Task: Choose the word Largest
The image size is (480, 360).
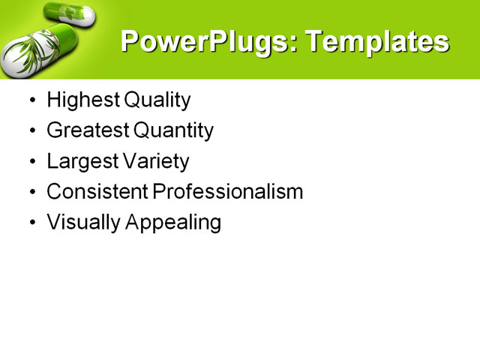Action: pyautogui.click(x=81, y=161)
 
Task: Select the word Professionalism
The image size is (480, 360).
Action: pyautogui.click(x=228, y=191)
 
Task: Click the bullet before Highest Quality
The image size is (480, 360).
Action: pyautogui.click(x=31, y=100)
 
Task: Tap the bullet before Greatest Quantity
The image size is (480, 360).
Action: pyautogui.click(x=31, y=131)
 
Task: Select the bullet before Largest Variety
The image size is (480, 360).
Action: pyautogui.click(x=31, y=162)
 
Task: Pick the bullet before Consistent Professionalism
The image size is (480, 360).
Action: pyautogui.click(x=31, y=192)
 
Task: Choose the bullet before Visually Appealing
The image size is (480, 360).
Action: pyautogui.click(x=31, y=223)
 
